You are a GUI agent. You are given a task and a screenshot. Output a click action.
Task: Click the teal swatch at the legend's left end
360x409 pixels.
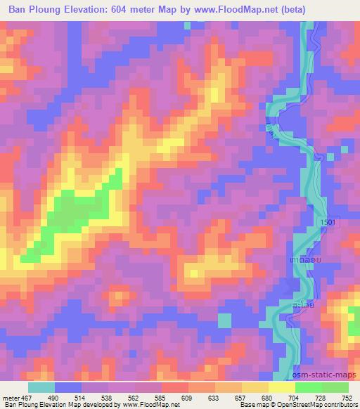tap(41, 387)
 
